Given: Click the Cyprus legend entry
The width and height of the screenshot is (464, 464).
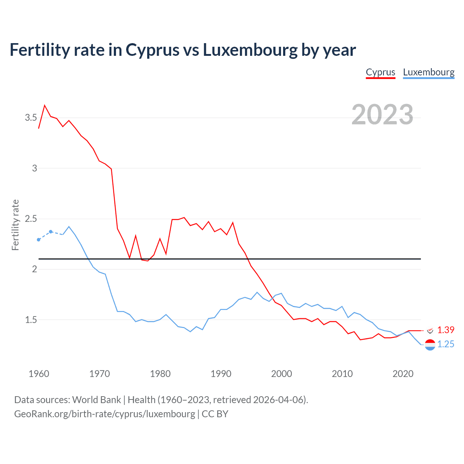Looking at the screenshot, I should pyautogui.click(x=380, y=72).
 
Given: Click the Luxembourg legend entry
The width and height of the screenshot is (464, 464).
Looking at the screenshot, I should pyautogui.click(x=428, y=72).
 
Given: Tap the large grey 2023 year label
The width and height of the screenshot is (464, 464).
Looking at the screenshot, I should pyautogui.click(x=382, y=115).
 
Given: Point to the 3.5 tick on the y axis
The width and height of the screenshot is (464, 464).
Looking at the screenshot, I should pyautogui.click(x=31, y=117).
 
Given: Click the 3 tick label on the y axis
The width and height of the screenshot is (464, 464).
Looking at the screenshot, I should pyautogui.click(x=35, y=168).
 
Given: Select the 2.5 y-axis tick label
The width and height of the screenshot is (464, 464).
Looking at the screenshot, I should pyautogui.click(x=31, y=219).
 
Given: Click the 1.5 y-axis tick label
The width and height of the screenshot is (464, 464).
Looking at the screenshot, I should pyautogui.click(x=31, y=320).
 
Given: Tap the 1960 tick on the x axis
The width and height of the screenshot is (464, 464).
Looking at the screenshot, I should pyautogui.click(x=39, y=374).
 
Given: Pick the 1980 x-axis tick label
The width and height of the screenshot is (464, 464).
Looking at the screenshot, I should pyautogui.click(x=160, y=374).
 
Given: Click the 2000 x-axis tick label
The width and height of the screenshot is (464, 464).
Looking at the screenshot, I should pyautogui.click(x=281, y=374).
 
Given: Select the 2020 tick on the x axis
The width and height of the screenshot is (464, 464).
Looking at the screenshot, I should pyautogui.click(x=403, y=374).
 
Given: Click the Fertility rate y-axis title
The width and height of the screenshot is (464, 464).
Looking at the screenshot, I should pyautogui.click(x=15, y=225).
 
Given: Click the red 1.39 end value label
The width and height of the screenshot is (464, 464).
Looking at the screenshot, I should pyautogui.click(x=446, y=330).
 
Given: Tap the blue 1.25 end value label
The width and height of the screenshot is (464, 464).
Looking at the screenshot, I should pyautogui.click(x=446, y=344).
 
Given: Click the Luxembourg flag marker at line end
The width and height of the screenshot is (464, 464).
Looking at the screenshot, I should pyautogui.click(x=430, y=345).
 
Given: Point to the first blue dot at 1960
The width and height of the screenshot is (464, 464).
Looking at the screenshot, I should pyautogui.click(x=39, y=240).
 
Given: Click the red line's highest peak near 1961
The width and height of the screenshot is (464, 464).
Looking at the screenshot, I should pyautogui.click(x=45, y=105).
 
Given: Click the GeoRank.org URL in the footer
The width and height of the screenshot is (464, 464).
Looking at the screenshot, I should pyautogui.click(x=104, y=414).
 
